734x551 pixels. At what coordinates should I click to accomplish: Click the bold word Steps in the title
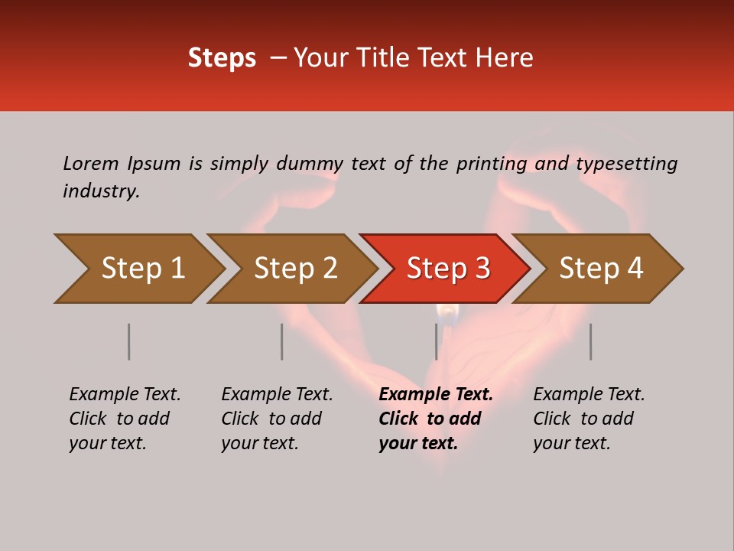[x=222, y=58]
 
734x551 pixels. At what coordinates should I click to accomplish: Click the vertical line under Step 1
[x=129, y=341]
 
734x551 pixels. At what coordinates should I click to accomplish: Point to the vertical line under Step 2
[x=282, y=341]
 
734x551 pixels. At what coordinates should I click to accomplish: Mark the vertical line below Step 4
[x=590, y=341]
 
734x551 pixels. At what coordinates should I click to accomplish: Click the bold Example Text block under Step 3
[x=436, y=419]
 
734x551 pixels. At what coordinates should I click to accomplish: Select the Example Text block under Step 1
[x=125, y=419]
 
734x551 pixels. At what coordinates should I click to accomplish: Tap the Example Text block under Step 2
[x=277, y=419]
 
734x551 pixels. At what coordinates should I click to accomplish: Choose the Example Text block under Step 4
[x=589, y=419]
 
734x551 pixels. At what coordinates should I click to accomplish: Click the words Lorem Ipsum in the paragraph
[x=122, y=164]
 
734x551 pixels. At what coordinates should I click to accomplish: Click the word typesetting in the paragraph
[x=626, y=164]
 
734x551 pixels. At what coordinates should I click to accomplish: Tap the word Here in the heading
[x=508, y=58]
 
